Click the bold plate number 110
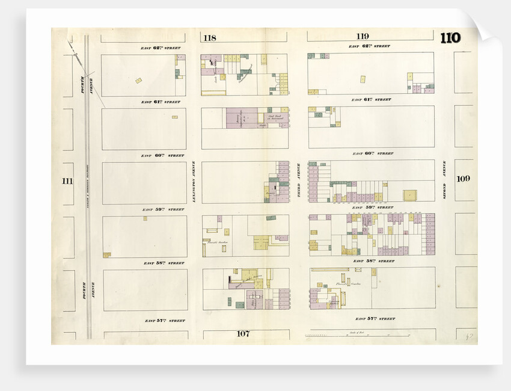(x=450, y=38)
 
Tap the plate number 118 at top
(x=209, y=38)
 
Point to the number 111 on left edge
(x=67, y=180)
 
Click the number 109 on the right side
(x=463, y=178)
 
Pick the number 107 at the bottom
(x=242, y=333)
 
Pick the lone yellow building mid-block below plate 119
(x=363, y=78)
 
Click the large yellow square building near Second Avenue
(x=409, y=195)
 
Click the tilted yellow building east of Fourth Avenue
(x=139, y=80)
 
